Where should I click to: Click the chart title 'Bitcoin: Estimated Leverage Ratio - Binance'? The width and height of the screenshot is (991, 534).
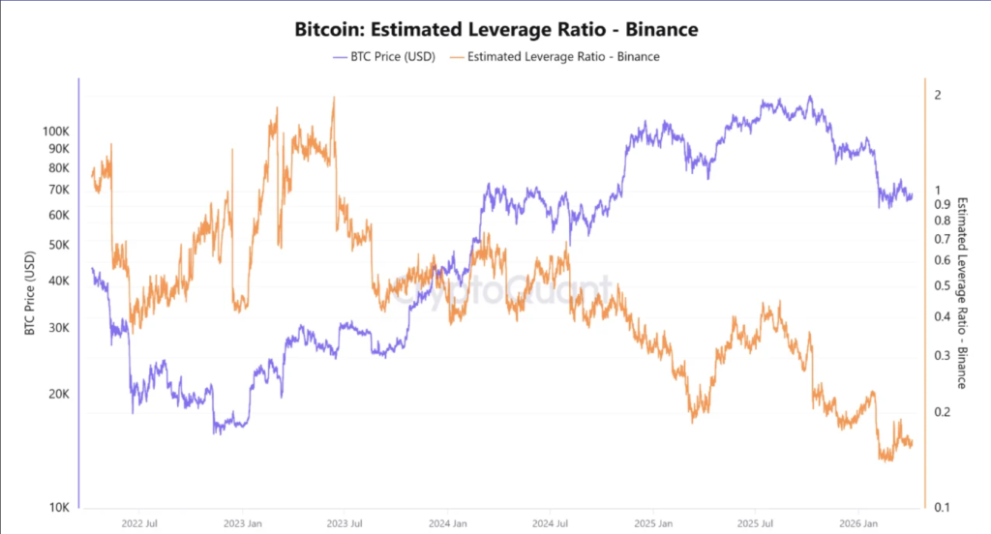click(495, 30)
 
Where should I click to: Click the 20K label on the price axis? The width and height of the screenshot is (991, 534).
click(59, 395)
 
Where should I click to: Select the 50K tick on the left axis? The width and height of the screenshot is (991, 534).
click(59, 245)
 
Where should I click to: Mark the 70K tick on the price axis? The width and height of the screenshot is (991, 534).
click(59, 190)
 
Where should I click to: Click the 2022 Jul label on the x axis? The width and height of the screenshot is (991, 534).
click(139, 524)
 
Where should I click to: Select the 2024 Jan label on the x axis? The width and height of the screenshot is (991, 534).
click(448, 524)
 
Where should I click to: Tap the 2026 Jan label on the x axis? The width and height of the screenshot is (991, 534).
click(859, 524)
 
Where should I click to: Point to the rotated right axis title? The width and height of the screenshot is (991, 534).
click(962, 292)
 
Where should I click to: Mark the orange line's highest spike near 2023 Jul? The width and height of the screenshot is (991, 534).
click(333, 98)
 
